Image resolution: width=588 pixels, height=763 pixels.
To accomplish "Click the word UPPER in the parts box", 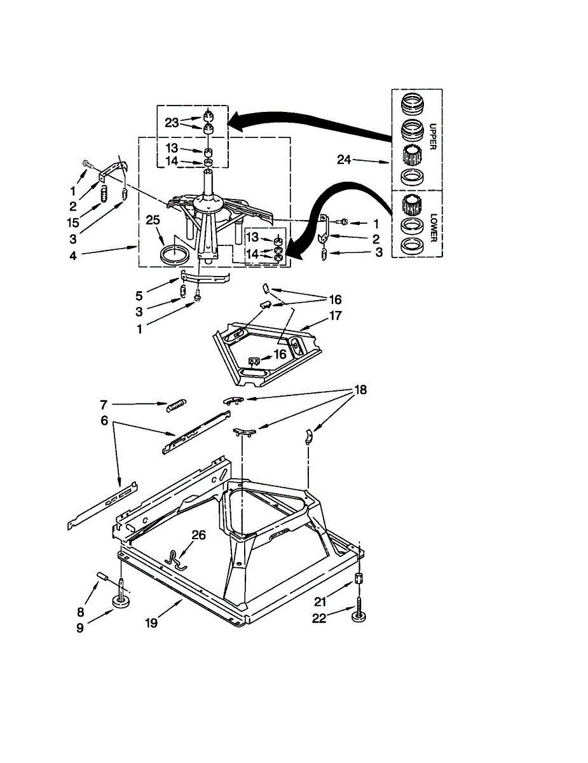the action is [x=432, y=137].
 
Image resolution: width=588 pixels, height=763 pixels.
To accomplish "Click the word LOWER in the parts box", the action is [x=433, y=227].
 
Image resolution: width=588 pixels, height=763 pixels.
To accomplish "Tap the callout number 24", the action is [x=344, y=160].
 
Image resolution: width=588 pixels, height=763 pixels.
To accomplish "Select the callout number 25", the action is [x=153, y=220].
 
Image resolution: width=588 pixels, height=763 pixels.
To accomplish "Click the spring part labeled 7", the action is [x=177, y=406].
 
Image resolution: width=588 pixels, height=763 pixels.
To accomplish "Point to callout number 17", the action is [x=335, y=315].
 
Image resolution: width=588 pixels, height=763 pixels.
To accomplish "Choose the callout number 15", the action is [x=73, y=223].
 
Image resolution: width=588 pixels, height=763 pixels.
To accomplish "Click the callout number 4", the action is [x=72, y=256].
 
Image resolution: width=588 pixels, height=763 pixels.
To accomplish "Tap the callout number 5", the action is [x=139, y=296].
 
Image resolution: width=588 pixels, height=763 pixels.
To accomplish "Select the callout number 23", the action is [x=172, y=123].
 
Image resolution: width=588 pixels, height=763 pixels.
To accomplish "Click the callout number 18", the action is [x=360, y=389].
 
